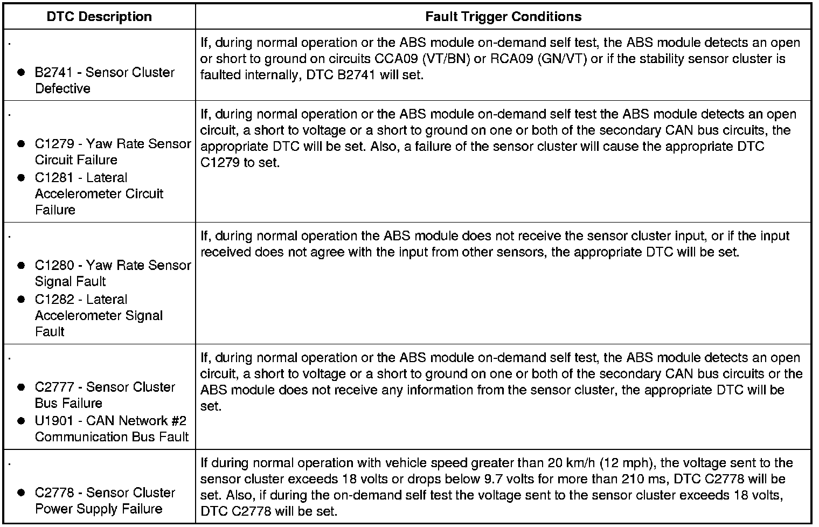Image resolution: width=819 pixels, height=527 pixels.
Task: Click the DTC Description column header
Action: [x=99, y=17]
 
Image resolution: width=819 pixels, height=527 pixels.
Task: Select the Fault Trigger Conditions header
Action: [x=503, y=17]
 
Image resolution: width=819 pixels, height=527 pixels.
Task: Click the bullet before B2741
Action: [x=21, y=72]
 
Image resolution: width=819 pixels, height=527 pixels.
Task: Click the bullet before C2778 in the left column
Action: [x=21, y=493]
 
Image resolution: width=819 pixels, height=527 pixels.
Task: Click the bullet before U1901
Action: [x=21, y=421]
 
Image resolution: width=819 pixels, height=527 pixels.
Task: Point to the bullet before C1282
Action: [x=21, y=300]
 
